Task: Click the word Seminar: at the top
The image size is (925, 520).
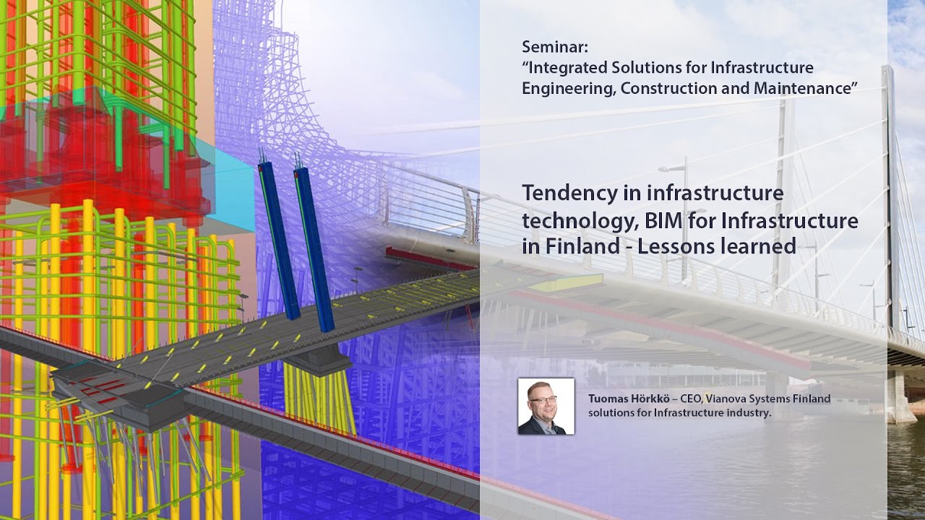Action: tap(555, 48)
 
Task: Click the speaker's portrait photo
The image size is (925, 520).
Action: tap(546, 406)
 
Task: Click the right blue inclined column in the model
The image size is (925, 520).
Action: tap(314, 246)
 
